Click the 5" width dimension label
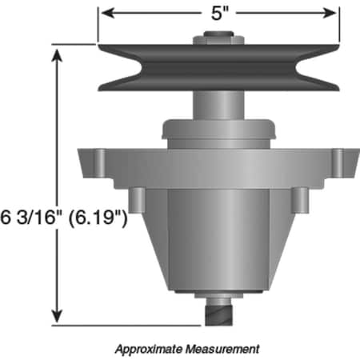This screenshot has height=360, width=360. click(x=218, y=13)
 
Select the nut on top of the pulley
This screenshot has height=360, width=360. click(x=218, y=36)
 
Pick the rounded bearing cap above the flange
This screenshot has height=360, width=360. click(x=218, y=130)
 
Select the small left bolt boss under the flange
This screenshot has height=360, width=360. click(x=137, y=200)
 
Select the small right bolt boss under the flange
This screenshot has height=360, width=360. click(x=299, y=200)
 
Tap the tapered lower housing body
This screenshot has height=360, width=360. click(x=218, y=240)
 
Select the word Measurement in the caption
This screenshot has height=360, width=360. click(x=223, y=349)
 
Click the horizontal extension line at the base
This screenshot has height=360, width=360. click(x=128, y=325)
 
